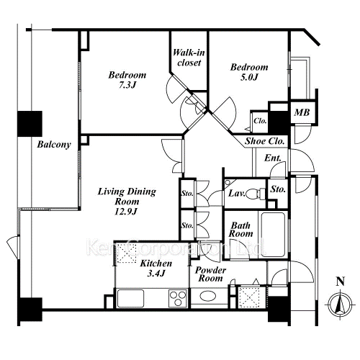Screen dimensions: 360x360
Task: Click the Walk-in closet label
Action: pos(189,58)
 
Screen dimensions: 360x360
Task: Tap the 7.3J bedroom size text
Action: pos(127,85)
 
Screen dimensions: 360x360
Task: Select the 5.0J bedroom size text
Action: pos(249,77)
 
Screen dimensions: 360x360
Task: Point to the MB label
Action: pos(302,112)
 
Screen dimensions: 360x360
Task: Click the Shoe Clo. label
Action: pos(264,141)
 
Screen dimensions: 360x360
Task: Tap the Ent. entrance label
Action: pos(273,158)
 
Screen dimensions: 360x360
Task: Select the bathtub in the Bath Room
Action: pos(273,235)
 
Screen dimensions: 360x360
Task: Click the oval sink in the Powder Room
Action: pos(208,296)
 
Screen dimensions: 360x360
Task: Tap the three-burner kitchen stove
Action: pos(178,298)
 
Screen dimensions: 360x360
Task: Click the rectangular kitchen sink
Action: pos(130,298)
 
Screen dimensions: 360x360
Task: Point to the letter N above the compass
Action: pos(341,282)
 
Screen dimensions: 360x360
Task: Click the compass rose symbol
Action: pos(340,305)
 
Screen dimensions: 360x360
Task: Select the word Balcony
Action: pos(54,145)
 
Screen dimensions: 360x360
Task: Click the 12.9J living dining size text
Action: pos(126,212)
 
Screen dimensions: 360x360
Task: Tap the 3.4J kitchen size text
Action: pos(156,274)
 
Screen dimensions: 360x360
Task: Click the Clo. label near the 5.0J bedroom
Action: pos(260,121)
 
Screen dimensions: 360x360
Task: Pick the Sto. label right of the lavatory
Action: pos(278,189)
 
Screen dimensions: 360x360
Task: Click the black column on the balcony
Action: pos(30,124)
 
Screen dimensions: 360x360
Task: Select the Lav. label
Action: pos(237,193)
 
